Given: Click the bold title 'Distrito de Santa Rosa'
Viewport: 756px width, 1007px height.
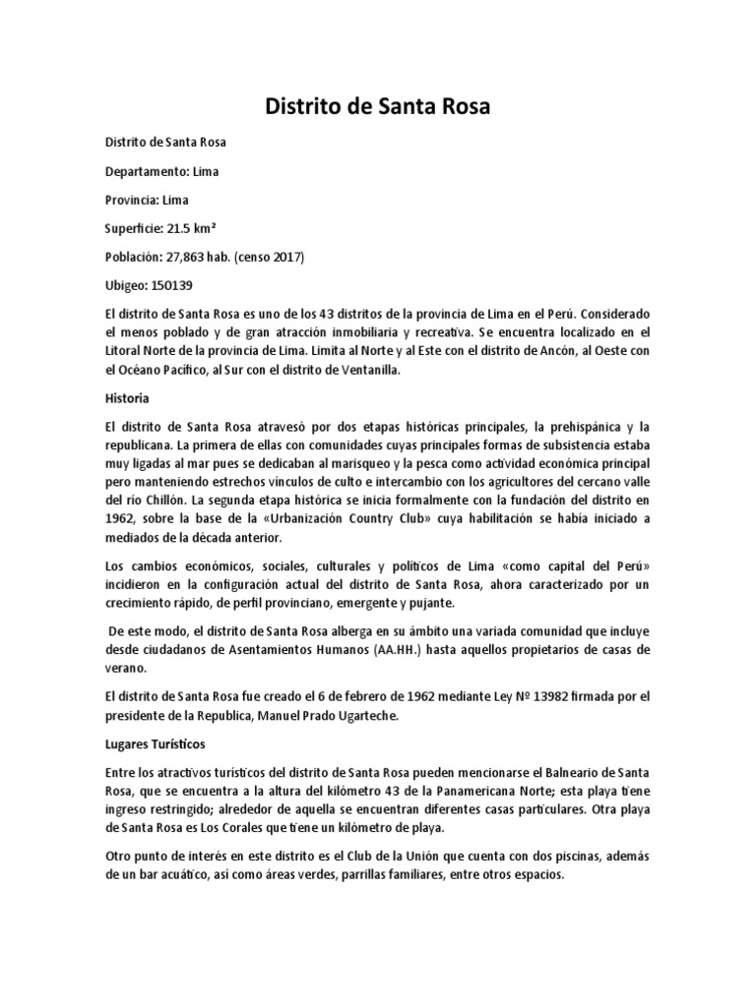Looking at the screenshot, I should tap(378, 106).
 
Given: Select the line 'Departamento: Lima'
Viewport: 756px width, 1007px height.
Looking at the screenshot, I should tap(161, 171).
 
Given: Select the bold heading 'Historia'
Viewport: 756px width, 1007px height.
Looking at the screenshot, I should tap(127, 400).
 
